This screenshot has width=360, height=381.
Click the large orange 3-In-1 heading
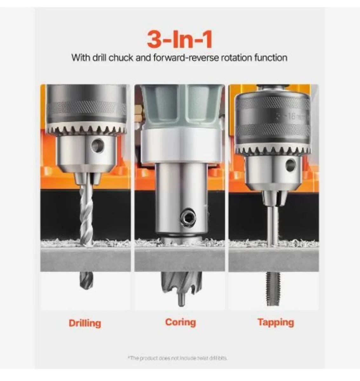[180, 40]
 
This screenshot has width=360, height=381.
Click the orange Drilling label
[85, 323]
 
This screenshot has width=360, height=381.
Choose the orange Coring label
[180, 322]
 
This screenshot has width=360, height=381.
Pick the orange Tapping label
[275, 322]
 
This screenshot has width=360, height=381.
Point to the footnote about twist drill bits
[178, 358]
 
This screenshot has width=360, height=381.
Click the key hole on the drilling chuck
[97, 145]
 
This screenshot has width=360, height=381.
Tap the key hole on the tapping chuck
[290, 165]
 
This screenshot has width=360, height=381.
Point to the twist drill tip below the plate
[86, 281]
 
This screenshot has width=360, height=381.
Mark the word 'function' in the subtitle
[271, 58]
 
